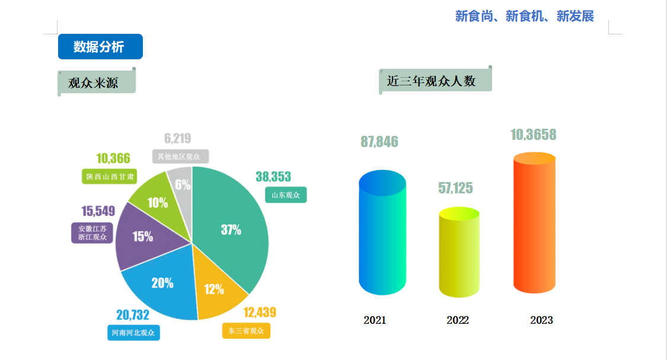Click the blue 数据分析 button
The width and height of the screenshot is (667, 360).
click(x=100, y=47)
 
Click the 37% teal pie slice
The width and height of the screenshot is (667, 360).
click(x=231, y=230)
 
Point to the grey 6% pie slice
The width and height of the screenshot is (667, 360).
click(x=181, y=184)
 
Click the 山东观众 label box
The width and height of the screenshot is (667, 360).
click(x=286, y=195)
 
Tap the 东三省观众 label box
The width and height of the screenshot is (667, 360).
click(x=246, y=330)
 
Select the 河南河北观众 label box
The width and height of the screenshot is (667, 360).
click(x=133, y=333)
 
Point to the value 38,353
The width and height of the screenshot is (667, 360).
click(x=273, y=177)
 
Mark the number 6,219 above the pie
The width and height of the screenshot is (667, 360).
click(x=177, y=139)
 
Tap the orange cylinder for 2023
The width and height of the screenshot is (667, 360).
click(x=534, y=222)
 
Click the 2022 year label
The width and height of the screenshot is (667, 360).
click(x=458, y=320)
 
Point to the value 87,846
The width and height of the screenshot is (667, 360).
click(x=379, y=142)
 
